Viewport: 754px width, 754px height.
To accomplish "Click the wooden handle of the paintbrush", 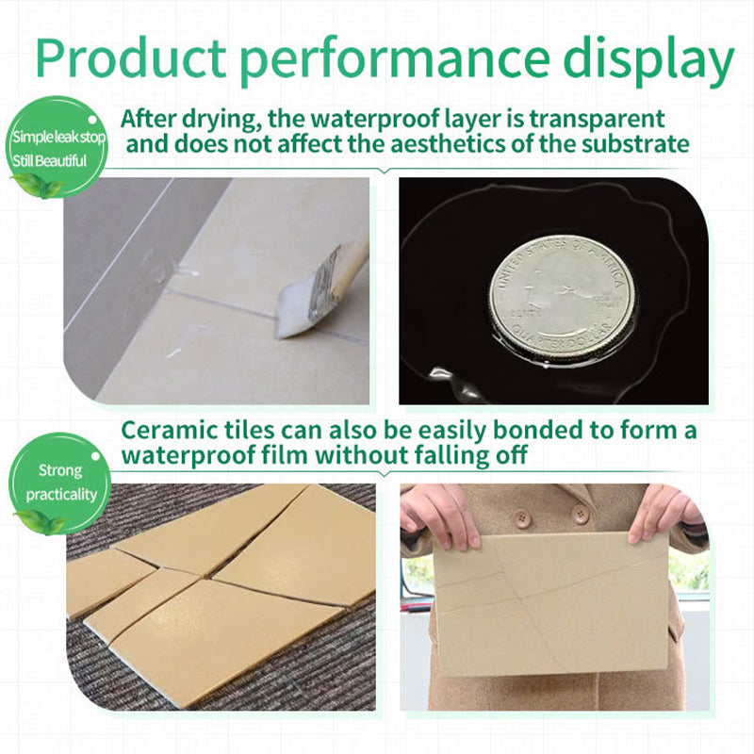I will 352,254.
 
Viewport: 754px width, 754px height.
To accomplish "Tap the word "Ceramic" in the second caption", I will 172,431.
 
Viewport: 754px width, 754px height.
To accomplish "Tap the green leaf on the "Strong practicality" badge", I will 38,521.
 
